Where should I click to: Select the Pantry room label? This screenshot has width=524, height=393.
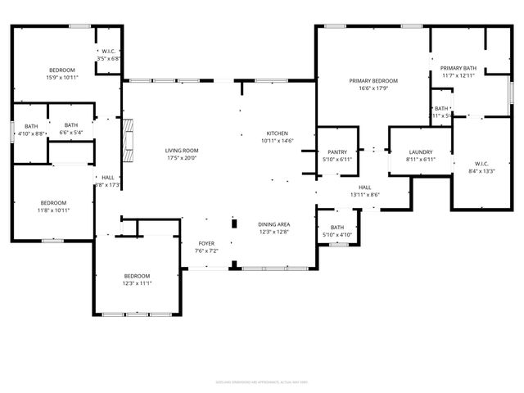click(x=337, y=151)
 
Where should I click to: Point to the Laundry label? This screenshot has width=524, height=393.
click(x=420, y=151)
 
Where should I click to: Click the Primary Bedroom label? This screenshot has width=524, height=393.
click(x=373, y=80)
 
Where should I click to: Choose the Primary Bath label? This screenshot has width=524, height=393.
click(x=458, y=68)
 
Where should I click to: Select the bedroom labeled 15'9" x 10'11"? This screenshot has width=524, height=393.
click(x=62, y=70)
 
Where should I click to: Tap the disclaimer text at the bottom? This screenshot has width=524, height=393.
click(x=261, y=382)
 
